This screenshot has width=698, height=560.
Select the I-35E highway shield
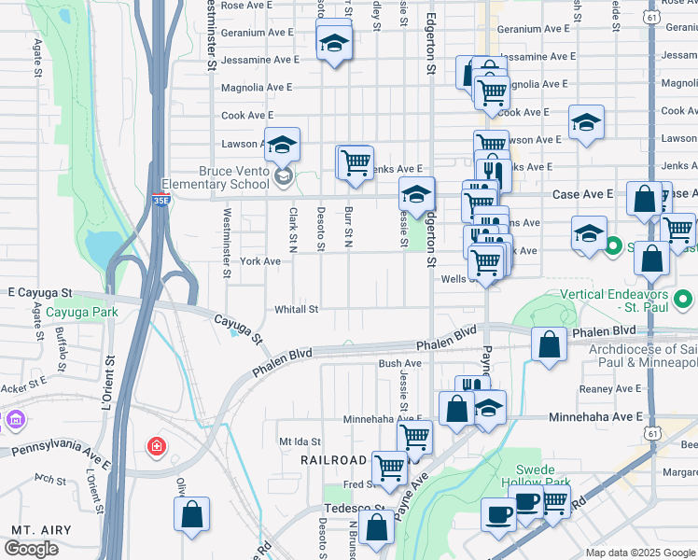tap(160, 200)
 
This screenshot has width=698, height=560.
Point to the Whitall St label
tap(296, 309)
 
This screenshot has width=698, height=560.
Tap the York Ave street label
tap(260, 261)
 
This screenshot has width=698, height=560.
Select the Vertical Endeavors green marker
tap(683, 300)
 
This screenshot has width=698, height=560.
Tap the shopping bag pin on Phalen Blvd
tap(550, 343)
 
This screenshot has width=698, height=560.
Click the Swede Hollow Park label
tap(542, 476)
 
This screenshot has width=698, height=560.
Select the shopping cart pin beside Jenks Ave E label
tap(355, 161)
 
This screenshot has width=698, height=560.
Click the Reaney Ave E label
tap(610, 388)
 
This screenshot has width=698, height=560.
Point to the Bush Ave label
tap(400, 363)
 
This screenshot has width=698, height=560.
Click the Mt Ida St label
tap(300, 441)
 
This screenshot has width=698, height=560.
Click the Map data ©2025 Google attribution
tap(640, 553)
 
